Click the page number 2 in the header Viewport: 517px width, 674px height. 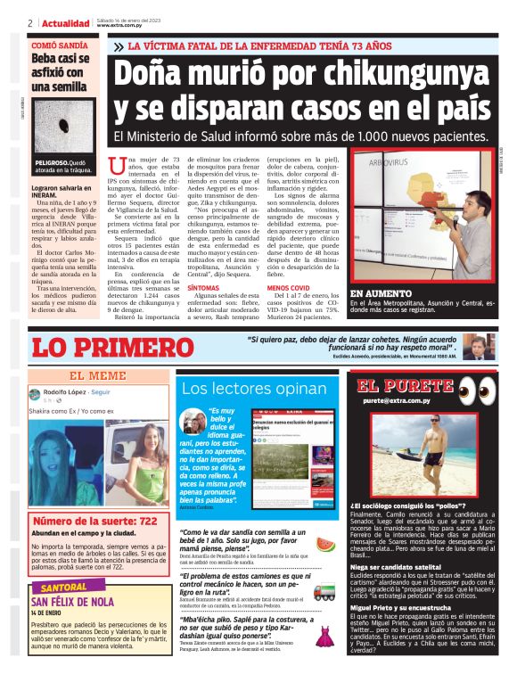[x=30, y=23]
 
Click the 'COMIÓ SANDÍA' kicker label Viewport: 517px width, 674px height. [x=60, y=44]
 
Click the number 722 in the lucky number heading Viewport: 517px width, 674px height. [x=143, y=520]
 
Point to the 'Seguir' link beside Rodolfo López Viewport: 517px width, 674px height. [x=101, y=392]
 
